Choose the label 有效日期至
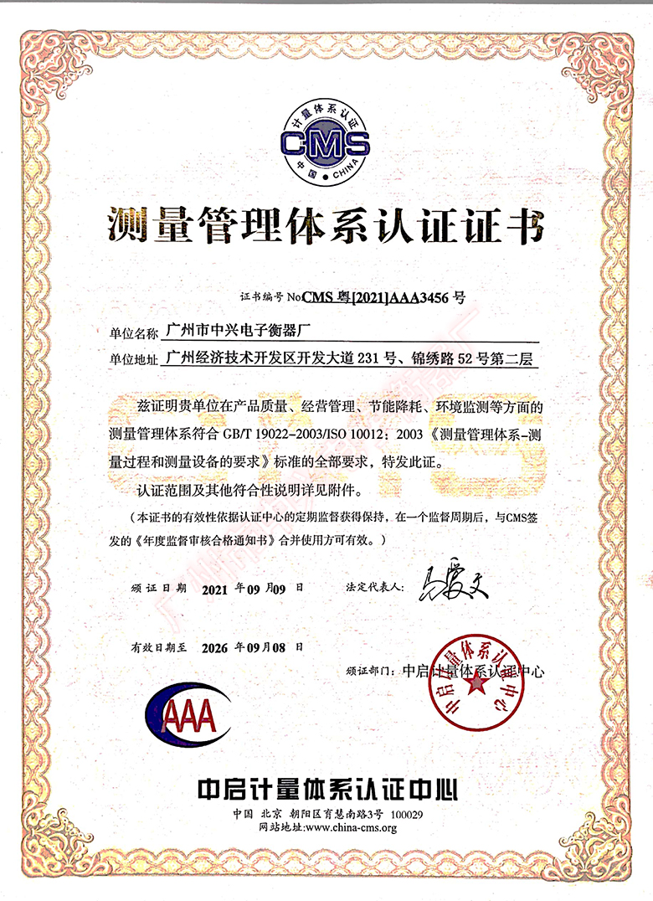pyautogui.click(x=159, y=648)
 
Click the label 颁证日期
pyautogui.click(x=159, y=589)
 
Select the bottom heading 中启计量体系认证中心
pyautogui.click(x=326, y=788)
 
